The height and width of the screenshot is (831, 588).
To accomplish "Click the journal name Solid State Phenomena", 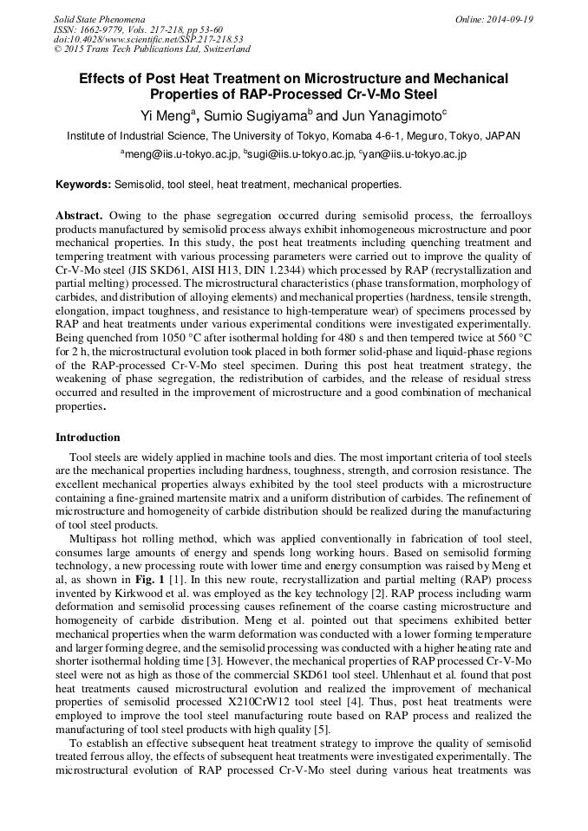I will (x=99, y=19).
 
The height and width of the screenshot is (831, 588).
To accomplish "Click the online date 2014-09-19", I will (x=508, y=19).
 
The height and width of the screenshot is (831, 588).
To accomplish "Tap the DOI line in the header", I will (x=148, y=39).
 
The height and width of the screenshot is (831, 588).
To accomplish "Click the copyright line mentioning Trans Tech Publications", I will (x=152, y=49).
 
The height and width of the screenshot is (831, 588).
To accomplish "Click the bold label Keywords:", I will (x=83, y=185).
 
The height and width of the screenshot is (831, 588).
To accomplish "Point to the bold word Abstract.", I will (x=80, y=215).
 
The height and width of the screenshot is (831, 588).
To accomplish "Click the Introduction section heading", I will (x=88, y=438).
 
